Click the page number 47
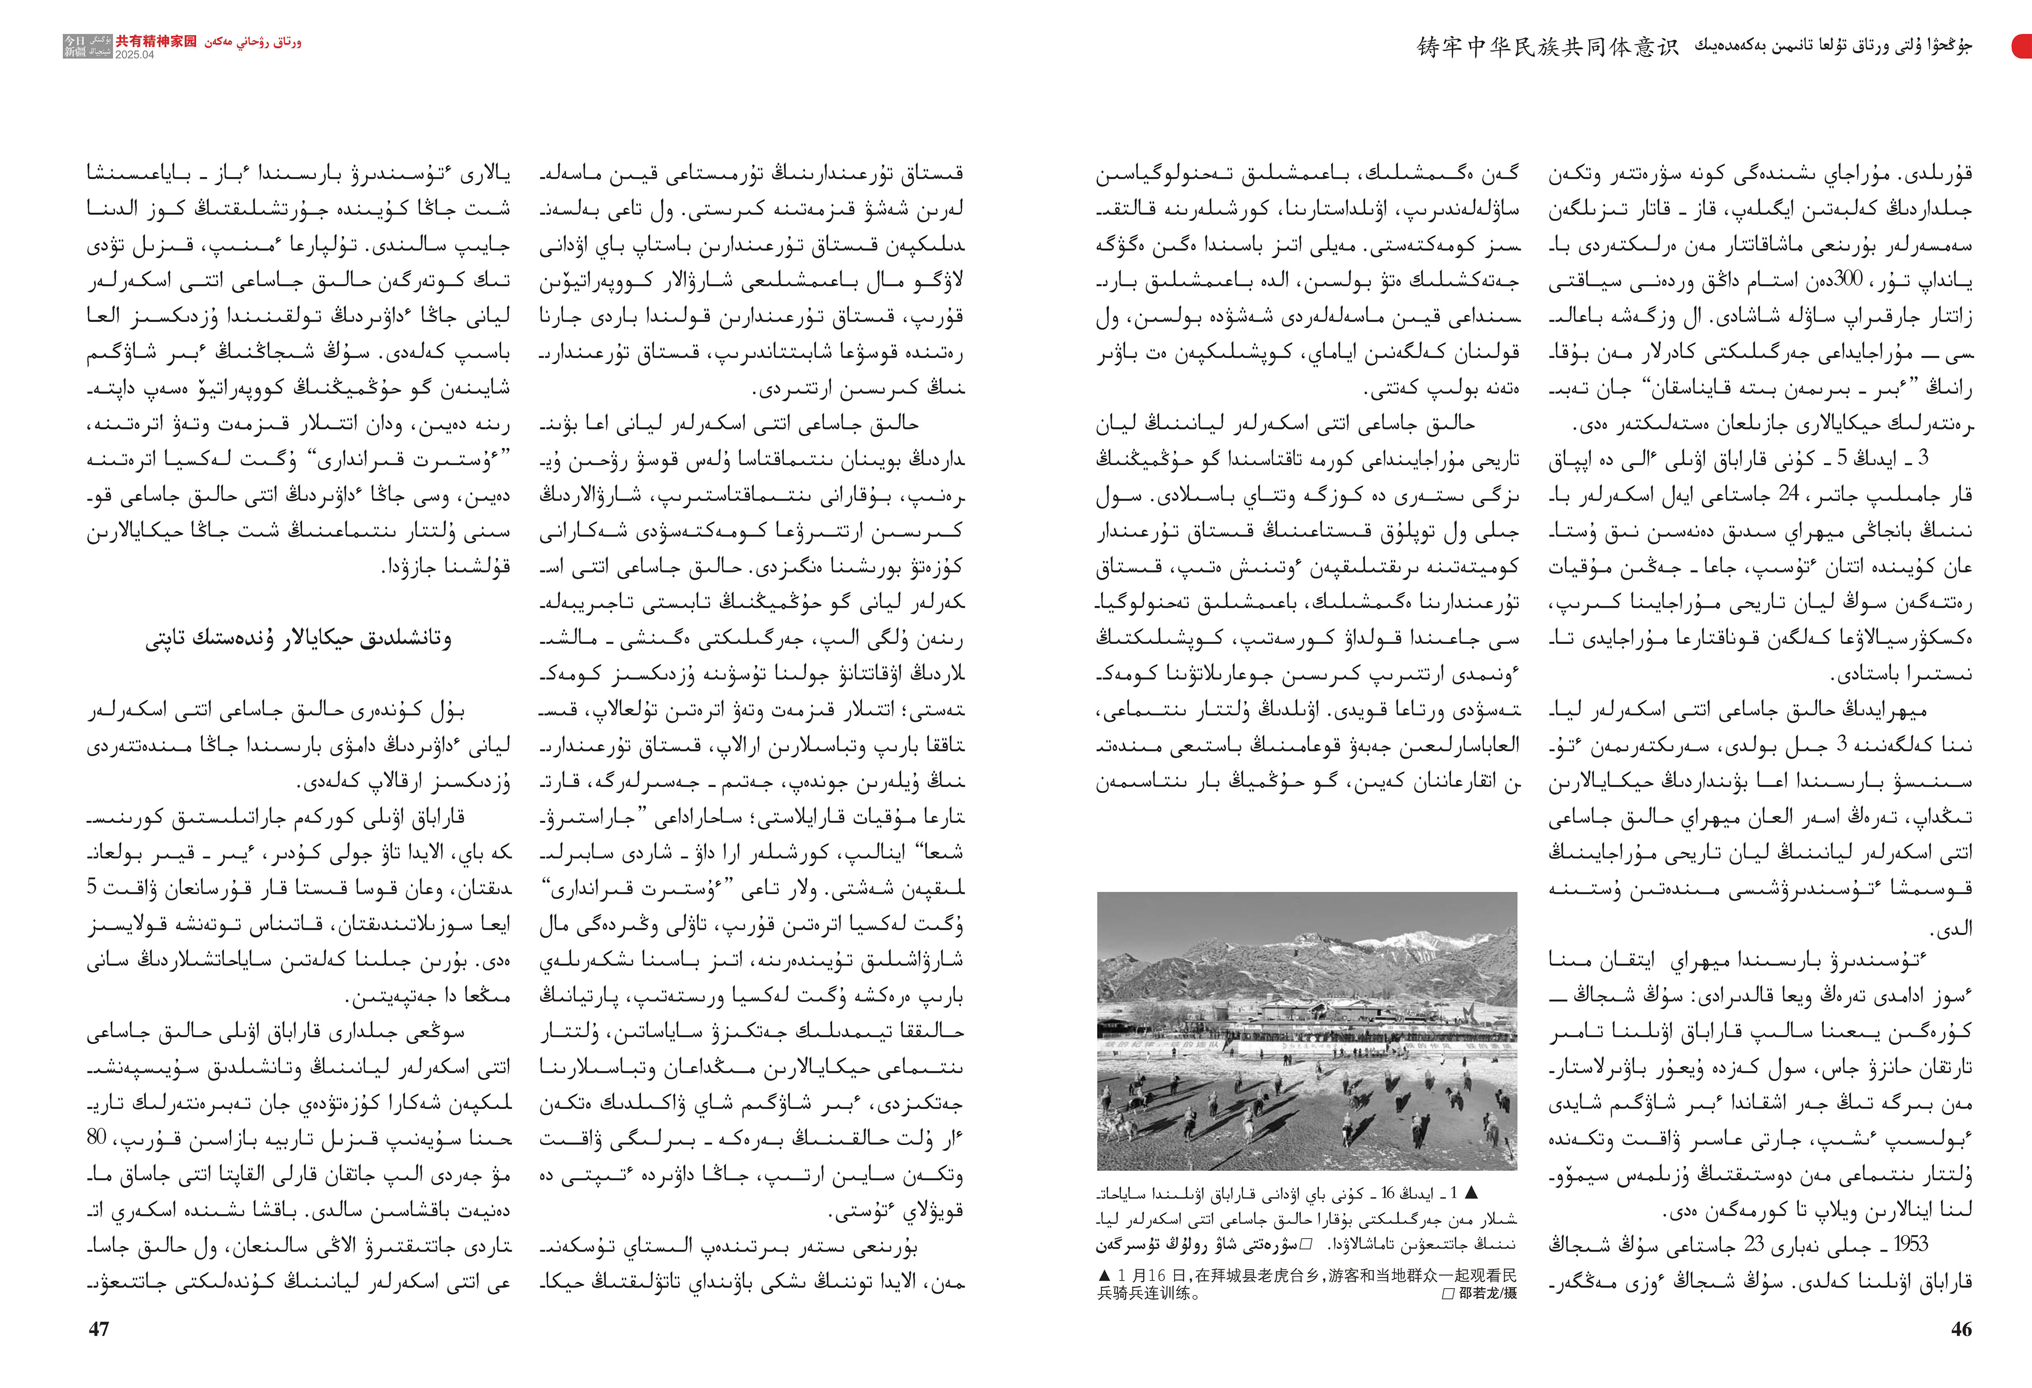click(99, 1328)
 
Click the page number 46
click(1961, 1328)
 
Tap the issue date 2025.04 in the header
click(135, 54)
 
